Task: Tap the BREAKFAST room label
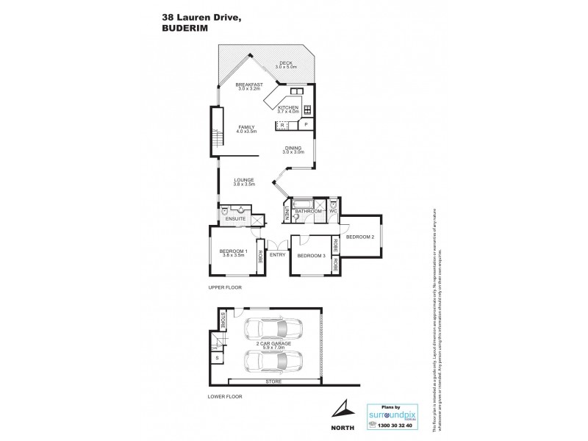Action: (249, 85)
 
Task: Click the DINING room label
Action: (294, 149)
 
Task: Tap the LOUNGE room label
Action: (243, 179)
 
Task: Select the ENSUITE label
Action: (236, 219)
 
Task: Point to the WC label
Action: (332, 212)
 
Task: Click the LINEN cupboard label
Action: (287, 212)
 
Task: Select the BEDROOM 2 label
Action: (361, 237)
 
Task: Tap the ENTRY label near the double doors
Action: (277, 255)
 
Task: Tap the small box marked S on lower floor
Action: (218, 357)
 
